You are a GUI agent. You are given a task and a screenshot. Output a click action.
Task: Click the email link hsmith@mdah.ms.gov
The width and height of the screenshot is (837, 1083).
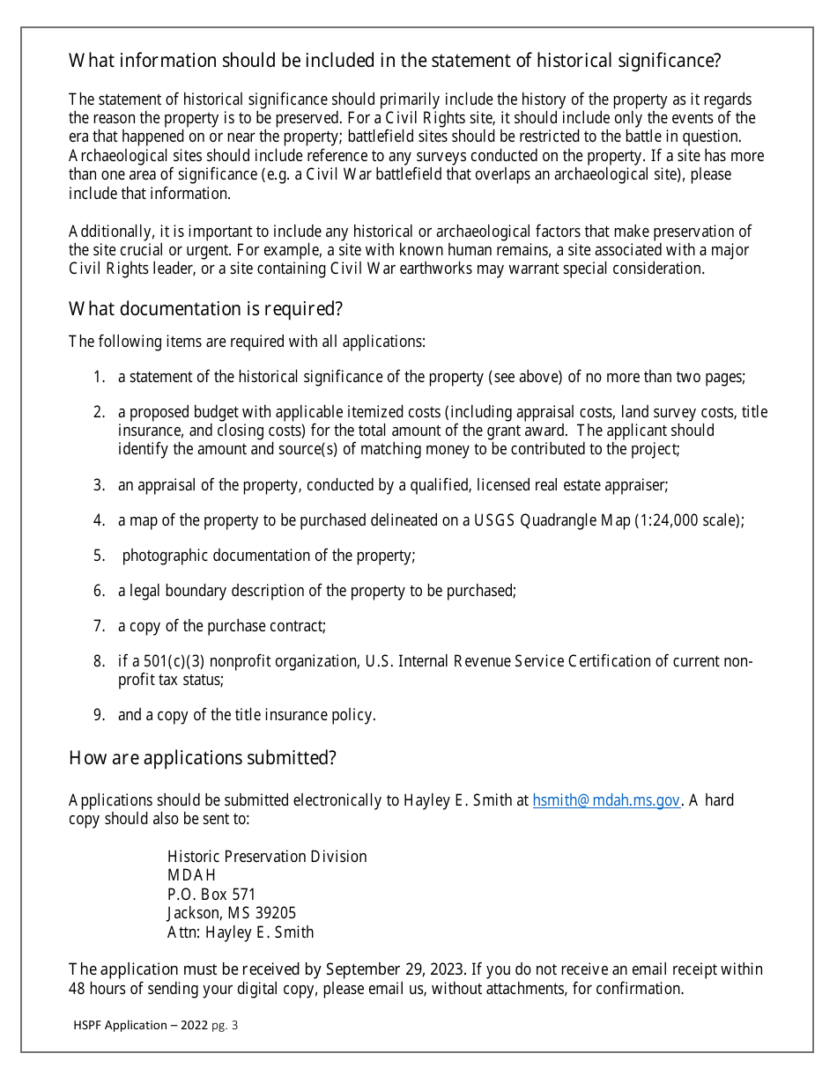coord(606,800)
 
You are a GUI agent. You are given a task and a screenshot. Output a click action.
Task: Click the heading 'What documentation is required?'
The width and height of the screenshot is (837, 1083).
coord(205,309)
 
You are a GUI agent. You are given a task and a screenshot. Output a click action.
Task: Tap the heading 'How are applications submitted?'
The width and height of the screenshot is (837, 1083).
coord(202,758)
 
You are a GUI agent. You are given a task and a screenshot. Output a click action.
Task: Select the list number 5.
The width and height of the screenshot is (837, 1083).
coord(100,556)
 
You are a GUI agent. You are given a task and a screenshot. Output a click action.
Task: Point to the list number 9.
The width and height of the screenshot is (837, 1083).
coord(100,715)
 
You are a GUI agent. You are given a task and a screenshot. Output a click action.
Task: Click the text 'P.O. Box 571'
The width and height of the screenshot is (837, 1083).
coord(211,895)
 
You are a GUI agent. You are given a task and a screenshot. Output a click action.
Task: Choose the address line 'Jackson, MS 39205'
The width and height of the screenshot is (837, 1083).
coord(232,913)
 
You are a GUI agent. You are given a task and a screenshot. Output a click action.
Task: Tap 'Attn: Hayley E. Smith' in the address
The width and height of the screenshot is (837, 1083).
coord(241,932)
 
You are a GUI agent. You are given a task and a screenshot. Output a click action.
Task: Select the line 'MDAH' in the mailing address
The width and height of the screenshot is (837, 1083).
coord(191,875)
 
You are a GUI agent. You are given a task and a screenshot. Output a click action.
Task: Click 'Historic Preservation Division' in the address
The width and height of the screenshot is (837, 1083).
coord(267,857)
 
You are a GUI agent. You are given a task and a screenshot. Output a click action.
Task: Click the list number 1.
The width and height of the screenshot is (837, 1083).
coord(100,377)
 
